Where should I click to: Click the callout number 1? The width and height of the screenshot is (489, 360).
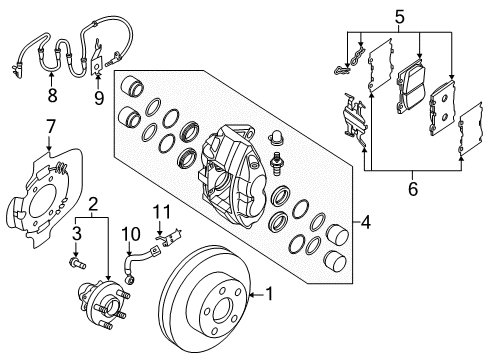(x=269, y=294)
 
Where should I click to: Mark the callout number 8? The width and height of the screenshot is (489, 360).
(x=52, y=97)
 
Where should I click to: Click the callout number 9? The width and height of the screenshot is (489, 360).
(x=98, y=97)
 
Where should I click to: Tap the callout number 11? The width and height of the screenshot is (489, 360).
(x=157, y=211)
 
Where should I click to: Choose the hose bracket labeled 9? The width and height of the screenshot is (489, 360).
(x=98, y=62)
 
